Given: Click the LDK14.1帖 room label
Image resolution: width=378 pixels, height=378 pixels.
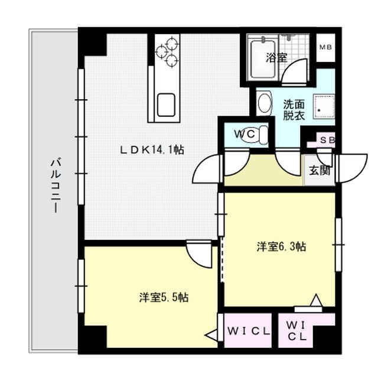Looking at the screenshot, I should click(x=152, y=151).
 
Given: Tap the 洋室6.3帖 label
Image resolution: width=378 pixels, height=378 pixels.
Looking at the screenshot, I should click(x=281, y=246).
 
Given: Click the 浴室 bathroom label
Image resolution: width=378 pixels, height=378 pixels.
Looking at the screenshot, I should click(x=276, y=58).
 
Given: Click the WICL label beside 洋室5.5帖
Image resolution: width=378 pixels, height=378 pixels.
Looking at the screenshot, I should click(x=249, y=331).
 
